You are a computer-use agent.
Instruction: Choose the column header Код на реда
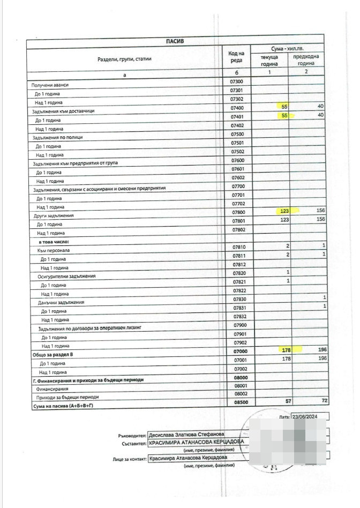tap(236, 56)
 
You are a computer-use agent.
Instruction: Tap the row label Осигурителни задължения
tap(66, 276)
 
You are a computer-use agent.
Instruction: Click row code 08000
tap(236, 377)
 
